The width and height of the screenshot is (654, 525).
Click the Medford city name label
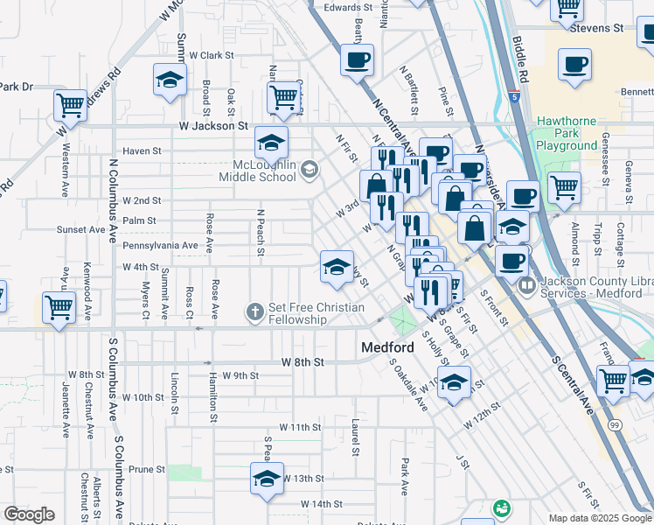(x=387, y=347)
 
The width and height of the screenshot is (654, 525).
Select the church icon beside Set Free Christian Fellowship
(x=255, y=311)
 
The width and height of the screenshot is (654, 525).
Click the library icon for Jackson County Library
(x=527, y=285)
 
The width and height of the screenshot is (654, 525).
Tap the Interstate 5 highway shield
(x=518, y=97)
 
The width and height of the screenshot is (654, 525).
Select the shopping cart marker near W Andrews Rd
(x=70, y=105)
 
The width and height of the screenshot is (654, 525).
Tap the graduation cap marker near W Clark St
(x=170, y=80)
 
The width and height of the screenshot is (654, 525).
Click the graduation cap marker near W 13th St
(x=267, y=478)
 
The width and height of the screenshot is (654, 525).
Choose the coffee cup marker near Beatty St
(x=358, y=60)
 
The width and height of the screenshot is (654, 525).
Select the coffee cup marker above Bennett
(x=575, y=64)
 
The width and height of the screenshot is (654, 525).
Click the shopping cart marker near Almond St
(x=564, y=186)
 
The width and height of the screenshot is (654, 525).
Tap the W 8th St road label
(x=303, y=361)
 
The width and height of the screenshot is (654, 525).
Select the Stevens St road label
(x=596, y=28)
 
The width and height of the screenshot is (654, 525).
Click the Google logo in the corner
(x=29, y=514)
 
